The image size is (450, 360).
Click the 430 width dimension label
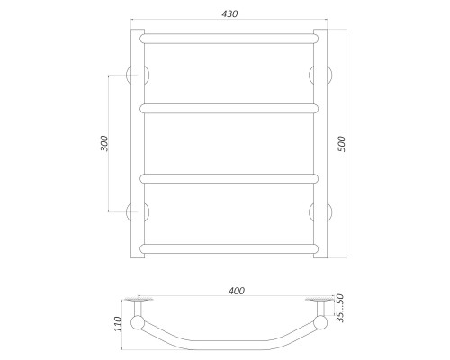pos(229,13)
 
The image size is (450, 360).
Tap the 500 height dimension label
pos(342,144)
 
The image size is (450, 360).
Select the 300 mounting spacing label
pos(103,143)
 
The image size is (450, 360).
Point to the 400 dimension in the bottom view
pos(237,291)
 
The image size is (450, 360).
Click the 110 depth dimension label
pos(118,324)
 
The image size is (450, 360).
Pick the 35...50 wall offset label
pos(340,308)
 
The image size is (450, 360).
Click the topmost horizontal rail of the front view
pos(229,39)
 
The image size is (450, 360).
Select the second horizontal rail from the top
pos(229,109)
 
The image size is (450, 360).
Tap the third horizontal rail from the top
pos(229,178)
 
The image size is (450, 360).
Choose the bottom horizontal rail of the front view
pos(229,248)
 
